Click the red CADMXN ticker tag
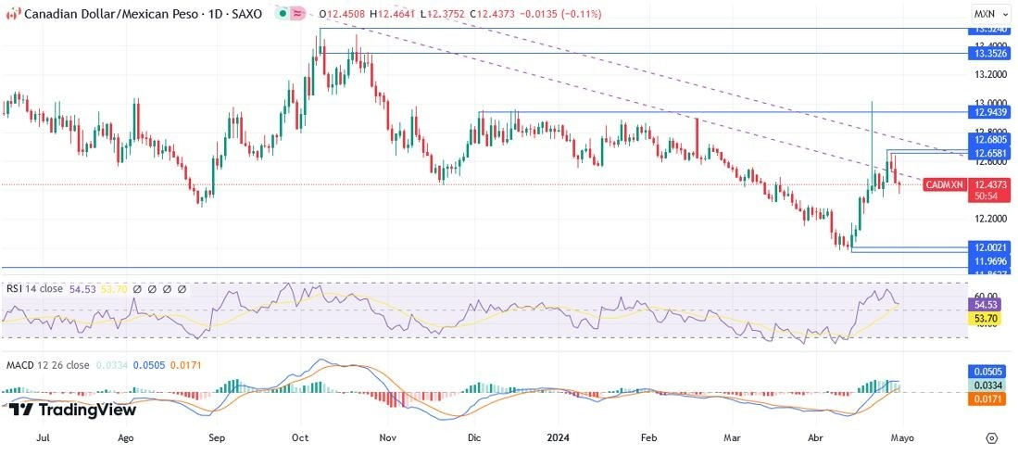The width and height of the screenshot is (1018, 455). coord(944,185)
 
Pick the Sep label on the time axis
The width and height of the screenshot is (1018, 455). coord(216,436)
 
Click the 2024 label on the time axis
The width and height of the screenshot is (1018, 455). coord(557,436)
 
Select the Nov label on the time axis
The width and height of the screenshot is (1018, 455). coord(388,436)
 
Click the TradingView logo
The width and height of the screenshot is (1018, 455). coord(73,410)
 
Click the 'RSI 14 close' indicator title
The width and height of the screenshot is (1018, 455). coord(34,289)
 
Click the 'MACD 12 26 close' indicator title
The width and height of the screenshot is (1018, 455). coord(47,365)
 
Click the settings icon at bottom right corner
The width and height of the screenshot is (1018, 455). coord(991,437)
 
